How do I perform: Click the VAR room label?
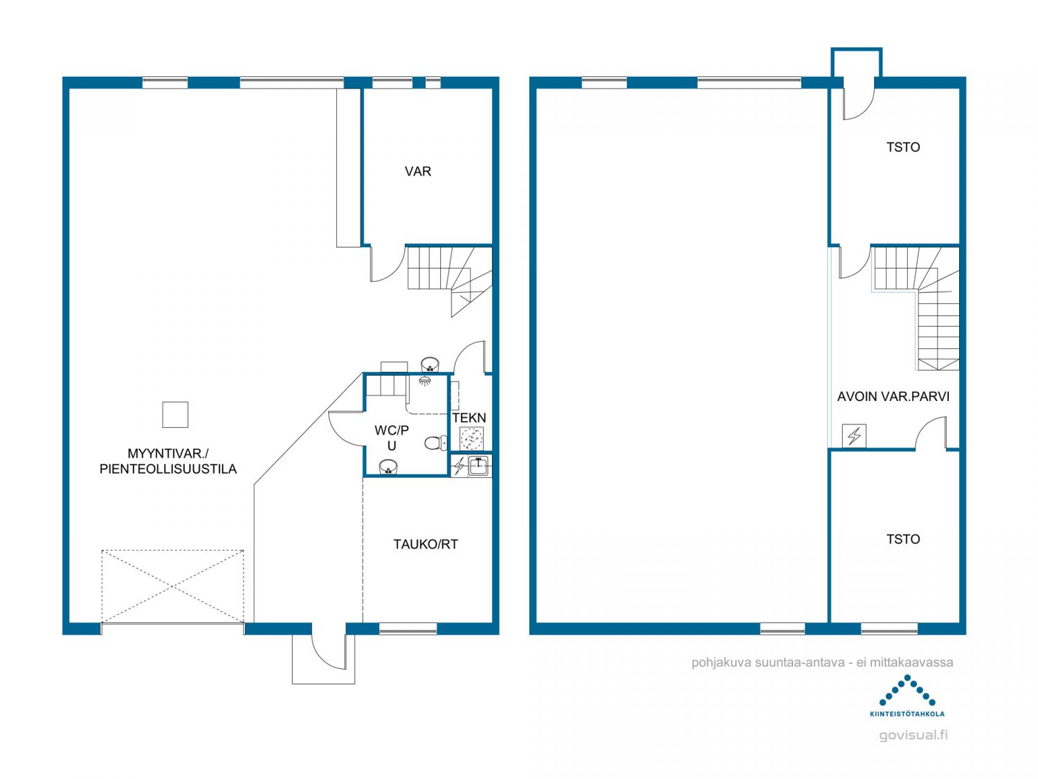click(x=417, y=171)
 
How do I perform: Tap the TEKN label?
click(x=469, y=418)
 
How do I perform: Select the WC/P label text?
click(x=392, y=431)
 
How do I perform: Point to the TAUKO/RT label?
click(x=426, y=544)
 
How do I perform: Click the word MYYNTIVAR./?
click(x=168, y=454)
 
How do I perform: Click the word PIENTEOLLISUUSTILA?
click(x=168, y=469)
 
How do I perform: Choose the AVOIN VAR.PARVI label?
click(x=893, y=396)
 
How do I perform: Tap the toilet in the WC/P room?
click(x=435, y=442)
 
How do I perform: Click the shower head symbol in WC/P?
click(x=425, y=379)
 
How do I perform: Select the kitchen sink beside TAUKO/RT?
click(x=478, y=466)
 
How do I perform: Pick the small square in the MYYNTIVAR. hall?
click(x=175, y=415)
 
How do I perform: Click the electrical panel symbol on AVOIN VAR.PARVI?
click(x=854, y=436)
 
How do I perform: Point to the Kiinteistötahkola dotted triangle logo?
click(x=907, y=690)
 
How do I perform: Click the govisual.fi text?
click(x=913, y=735)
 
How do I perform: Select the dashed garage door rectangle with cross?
click(x=172, y=587)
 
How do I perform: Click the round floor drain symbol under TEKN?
click(x=471, y=438)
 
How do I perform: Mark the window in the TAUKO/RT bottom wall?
click(x=408, y=629)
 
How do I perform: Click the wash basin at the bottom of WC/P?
click(x=388, y=467)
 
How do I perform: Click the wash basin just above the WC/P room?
click(x=430, y=365)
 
